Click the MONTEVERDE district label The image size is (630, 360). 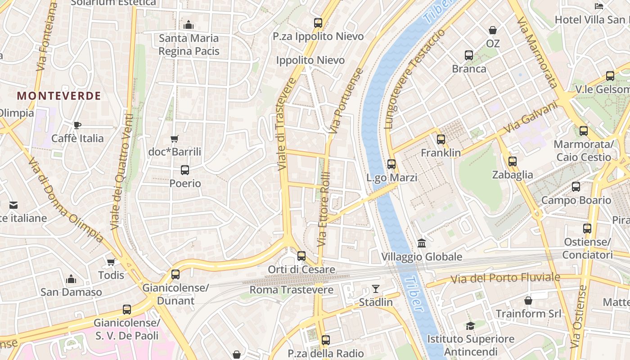coord(59,96)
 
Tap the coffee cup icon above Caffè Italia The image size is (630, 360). coord(77,125)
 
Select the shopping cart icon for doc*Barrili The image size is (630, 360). coord(175,139)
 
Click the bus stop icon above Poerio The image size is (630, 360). coord(185,170)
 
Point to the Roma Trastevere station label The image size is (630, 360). coord(292,290)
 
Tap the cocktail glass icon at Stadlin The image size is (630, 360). coord(376,289)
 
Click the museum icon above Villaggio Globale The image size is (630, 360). coord(422,243)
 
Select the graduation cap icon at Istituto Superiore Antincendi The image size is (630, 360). coord(470,326)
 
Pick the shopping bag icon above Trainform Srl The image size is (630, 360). coord(528,300)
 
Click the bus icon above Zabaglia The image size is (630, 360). coord(512,162)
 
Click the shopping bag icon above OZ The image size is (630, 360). coord(493,31)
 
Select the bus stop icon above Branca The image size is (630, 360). coord(469,55)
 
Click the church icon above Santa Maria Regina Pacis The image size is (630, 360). coord(189,25)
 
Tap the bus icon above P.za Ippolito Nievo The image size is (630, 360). coord(318,23)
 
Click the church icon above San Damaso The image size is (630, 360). coord(71,279)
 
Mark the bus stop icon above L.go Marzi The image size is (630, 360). coord(391,164)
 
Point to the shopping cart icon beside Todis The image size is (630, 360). coord(111,262)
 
